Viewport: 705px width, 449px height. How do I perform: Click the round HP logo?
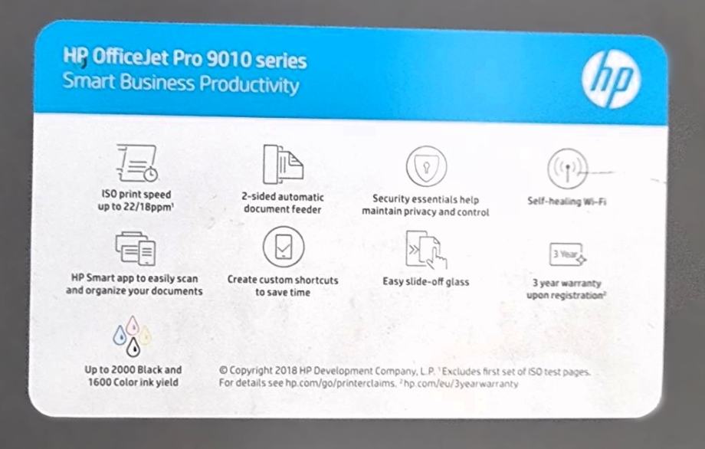(611, 79)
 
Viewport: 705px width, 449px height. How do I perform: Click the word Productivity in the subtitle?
(249, 85)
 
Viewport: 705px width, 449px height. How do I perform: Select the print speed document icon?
(137, 162)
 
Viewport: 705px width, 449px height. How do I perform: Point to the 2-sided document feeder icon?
(283, 165)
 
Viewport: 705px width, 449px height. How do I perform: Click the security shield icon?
(426, 166)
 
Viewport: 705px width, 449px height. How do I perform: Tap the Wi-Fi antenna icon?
(568, 169)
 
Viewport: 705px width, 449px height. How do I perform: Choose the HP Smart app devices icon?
(136, 248)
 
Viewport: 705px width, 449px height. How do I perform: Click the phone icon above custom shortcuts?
(284, 247)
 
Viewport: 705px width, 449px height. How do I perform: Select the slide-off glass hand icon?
(426, 250)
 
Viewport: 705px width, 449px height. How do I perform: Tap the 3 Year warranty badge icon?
(567, 254)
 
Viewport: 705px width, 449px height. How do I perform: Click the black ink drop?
(133, 347)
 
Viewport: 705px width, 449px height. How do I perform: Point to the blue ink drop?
(120, 336)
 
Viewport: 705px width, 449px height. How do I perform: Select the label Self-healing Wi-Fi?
(566, 202)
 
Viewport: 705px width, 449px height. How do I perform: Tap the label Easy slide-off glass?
(426, 282)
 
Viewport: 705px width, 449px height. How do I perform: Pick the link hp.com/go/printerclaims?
(340, 384)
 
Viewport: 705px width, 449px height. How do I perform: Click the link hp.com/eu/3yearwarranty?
(461, 384)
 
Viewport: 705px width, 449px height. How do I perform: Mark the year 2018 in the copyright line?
(286, 371)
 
